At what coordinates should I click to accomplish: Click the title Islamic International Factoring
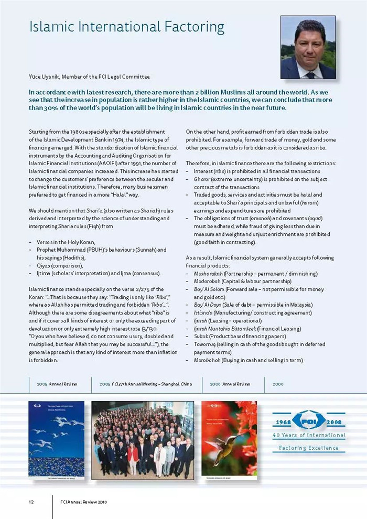pos(126,27)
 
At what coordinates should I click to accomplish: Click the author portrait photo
pos(308,47)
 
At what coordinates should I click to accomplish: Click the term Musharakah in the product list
pos(208,274)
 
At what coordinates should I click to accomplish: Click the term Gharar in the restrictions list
pos(202,179)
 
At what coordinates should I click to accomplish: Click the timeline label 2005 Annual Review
pos(57,384)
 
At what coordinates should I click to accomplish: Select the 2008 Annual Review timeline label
pos(230,384)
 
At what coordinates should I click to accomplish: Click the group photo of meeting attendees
pos(142,439)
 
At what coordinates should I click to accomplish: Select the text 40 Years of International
pos(308,435)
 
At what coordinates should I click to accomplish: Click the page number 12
pos(31,502)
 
